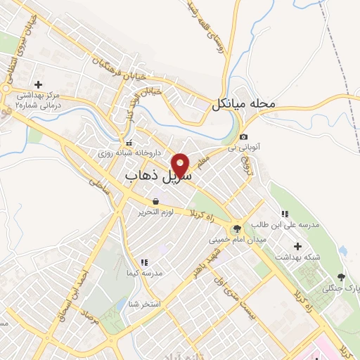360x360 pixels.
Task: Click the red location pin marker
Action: (181, 165)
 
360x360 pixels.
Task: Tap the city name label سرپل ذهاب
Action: (159, 175)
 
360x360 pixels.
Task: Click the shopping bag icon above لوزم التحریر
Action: (155, 201)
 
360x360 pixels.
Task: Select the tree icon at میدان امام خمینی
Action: (236, 228)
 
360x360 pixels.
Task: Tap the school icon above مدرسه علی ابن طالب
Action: (285, 214)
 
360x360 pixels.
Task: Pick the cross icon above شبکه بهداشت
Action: (299, 246)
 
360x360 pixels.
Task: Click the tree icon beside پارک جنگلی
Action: (341, 277)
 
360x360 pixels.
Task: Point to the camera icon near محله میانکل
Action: (243, 136)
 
